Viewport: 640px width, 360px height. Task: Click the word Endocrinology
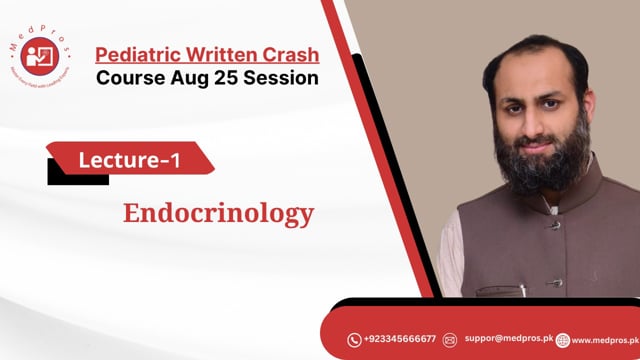(218, 213)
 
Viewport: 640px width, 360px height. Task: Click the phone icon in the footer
(354, 340)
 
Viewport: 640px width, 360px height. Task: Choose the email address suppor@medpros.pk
(508, 340)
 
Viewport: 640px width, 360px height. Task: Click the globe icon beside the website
(563, 340)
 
